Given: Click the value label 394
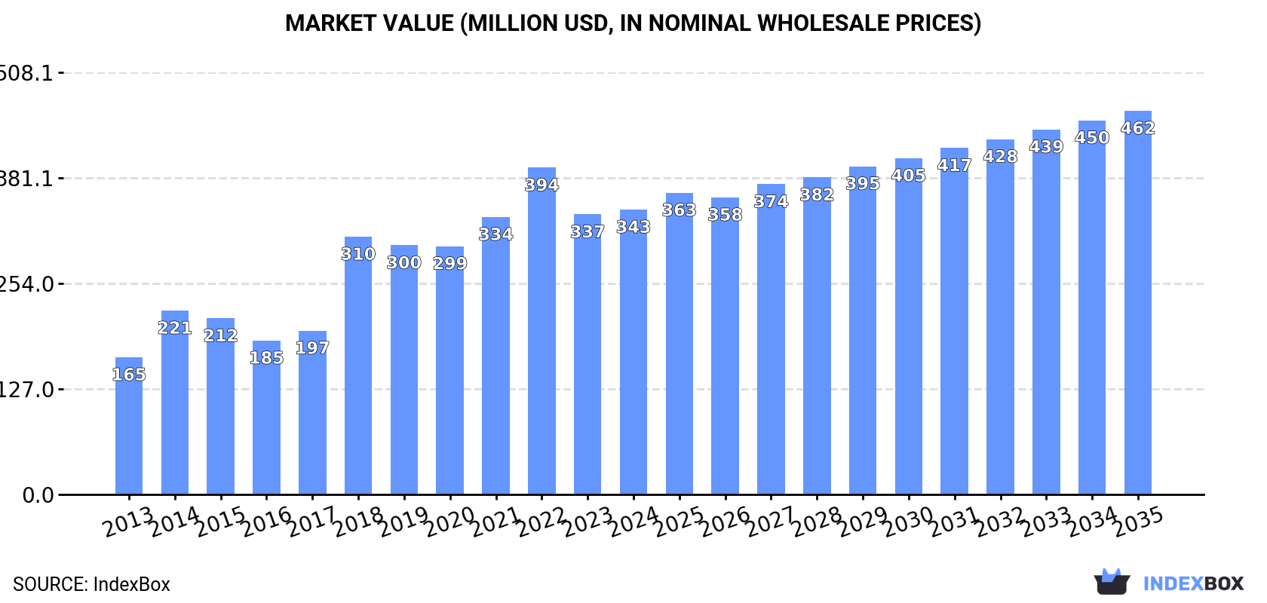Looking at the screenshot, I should point(541,185).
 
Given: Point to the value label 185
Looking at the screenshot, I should point(266,357).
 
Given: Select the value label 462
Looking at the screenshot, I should point(1137,128).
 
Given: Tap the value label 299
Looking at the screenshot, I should point(449,263).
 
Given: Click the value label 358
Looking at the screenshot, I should point(725,215).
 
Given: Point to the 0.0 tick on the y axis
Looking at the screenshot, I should point(38,495).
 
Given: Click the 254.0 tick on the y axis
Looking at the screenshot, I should point(27,284).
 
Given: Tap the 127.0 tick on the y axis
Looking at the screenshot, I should point(27,390).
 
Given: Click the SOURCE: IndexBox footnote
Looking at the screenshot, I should point(91,584).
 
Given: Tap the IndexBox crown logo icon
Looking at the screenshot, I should point(1112,581).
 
